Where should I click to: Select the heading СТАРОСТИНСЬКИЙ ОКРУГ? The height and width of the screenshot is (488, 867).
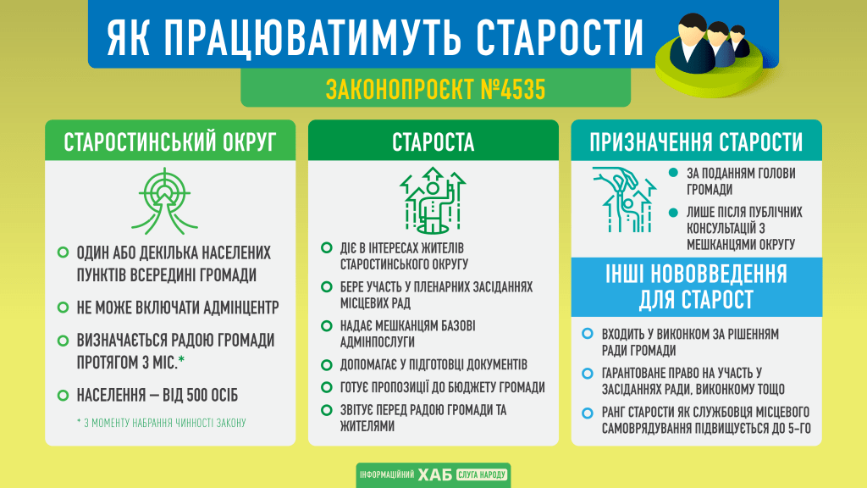[x=170, y=142]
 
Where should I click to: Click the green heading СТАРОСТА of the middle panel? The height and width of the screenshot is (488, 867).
[x=433, y=142]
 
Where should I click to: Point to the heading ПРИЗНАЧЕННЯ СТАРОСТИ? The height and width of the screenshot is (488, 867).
[x=697, y=141]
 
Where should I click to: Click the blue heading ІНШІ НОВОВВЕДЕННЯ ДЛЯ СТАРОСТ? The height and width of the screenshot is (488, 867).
[x=696, y=287]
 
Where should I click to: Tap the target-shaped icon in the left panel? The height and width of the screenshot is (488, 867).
[x=170, y=199]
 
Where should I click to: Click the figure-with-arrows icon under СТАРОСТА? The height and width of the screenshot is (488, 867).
[x=433, y=200]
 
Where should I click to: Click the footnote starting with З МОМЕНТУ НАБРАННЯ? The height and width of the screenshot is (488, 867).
[x=161, y=422]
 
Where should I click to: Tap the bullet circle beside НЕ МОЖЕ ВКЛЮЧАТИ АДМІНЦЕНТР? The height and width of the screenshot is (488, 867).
[x=63, y=307]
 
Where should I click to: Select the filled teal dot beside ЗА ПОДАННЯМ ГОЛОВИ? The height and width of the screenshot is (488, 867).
[x=674, y=173]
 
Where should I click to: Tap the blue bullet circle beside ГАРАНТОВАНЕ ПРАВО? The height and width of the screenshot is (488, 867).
[x=588, y=374]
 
